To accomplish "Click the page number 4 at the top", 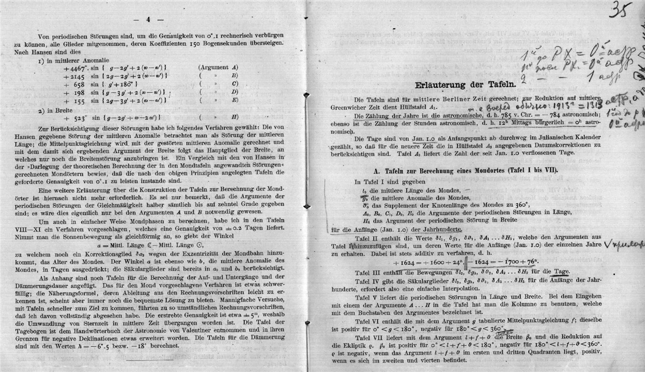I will (148, 20).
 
